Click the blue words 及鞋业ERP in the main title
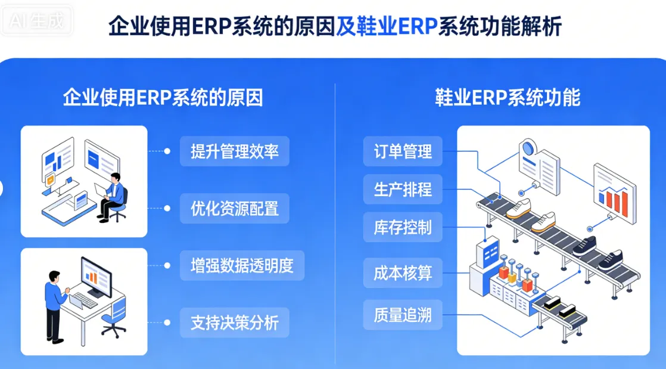[386, 26]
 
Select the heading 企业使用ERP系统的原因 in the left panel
[163, 98]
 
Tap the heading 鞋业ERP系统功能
[508, 98]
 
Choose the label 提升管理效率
[235, 151]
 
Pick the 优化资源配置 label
[235, 209]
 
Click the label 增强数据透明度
[242, 266]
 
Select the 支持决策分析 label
[235, 323]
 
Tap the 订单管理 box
[403, 151]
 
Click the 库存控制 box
[403, 227]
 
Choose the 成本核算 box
[403, 274]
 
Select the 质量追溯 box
[403, 314]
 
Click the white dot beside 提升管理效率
[167, 151]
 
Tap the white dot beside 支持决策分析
[167, 323]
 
